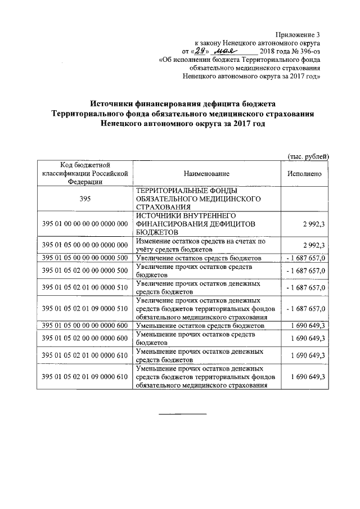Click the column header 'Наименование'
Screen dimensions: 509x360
pos(206,174)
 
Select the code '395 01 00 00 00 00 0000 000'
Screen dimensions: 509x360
pos(85,224)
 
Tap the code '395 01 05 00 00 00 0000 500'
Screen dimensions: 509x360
pos(85,257)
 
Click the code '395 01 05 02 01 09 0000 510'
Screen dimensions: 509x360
pos(85,309)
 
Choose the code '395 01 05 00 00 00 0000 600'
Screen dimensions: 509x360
pos(85,326)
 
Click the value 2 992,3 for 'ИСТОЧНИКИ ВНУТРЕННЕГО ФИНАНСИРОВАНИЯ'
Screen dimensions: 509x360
pos(314,224)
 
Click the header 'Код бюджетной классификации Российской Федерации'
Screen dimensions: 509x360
pos(85,173)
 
